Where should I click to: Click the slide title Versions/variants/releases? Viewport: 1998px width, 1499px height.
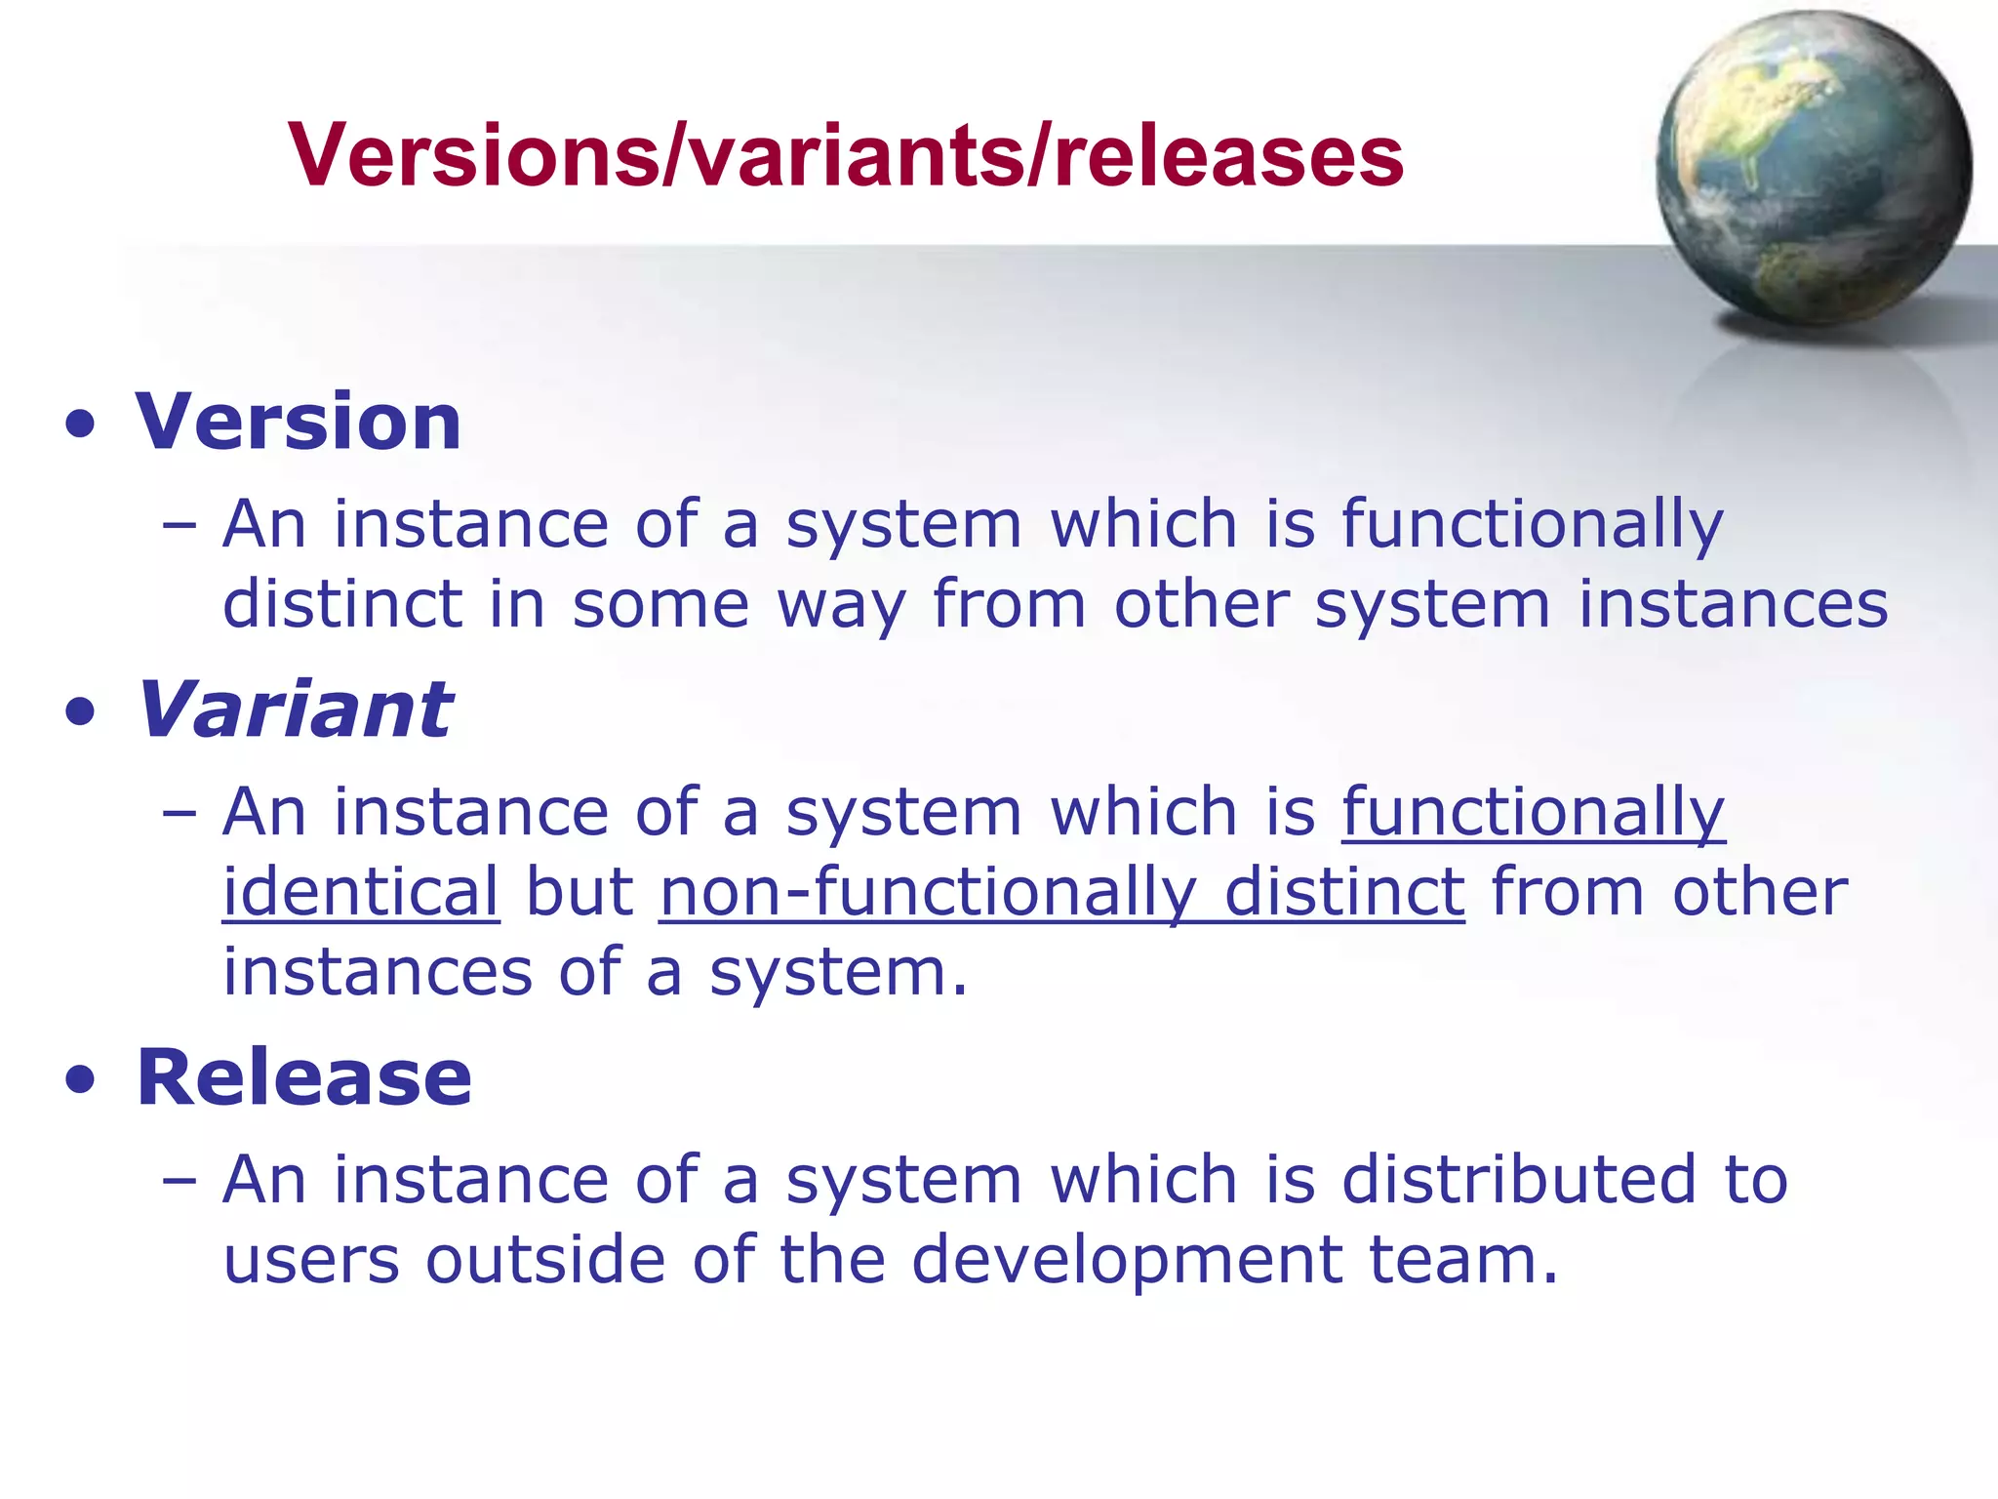(x=846, y=156)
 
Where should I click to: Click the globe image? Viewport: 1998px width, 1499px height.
(x=1813, y=168)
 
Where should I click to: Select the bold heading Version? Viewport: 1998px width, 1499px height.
(x=299, y=422)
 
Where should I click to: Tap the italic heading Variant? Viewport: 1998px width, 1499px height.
(x=295, y=709)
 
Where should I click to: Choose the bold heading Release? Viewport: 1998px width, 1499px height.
(x=304, y=1077)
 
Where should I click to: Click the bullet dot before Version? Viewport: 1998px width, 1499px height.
(x=81, y=425)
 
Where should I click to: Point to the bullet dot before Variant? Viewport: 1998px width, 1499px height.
(x=81, y=712)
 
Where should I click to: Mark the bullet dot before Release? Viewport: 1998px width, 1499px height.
(x=81, y=1080)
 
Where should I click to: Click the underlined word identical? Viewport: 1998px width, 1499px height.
(x=361, y=892)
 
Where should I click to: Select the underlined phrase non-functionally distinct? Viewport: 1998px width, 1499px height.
(x=1061, y=892)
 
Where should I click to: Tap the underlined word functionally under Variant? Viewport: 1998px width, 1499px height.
(x=1533, y=812)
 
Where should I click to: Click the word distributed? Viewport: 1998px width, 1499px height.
(x=1519, y=1179)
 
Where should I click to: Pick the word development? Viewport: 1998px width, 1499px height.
(x=1127, y=1260)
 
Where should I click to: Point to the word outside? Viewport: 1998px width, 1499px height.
(x=545, y=1259)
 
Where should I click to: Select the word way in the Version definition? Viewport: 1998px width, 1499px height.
(x=841, y=605)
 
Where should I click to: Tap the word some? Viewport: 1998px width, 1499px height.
(x=660, y=604)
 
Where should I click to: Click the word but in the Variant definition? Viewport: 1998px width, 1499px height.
(x=579, y=892)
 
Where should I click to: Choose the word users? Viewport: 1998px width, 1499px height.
(x=311, y=1260)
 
